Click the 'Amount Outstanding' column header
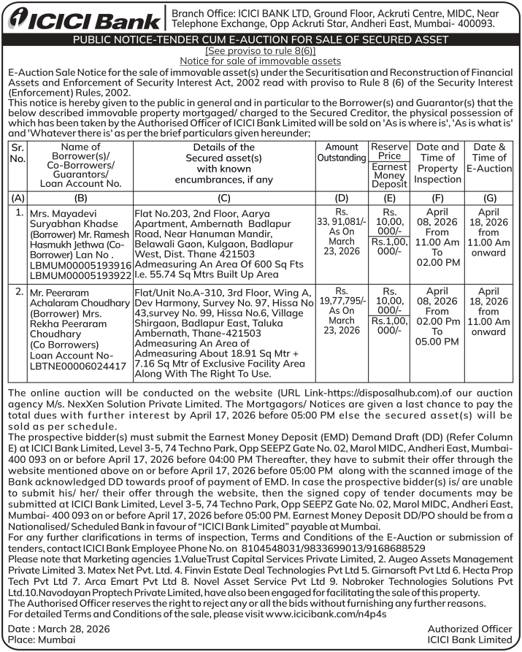point(342,153)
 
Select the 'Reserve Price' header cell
point(389,151)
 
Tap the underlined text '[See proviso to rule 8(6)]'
point(261,52)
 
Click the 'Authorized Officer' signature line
point(469,629)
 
